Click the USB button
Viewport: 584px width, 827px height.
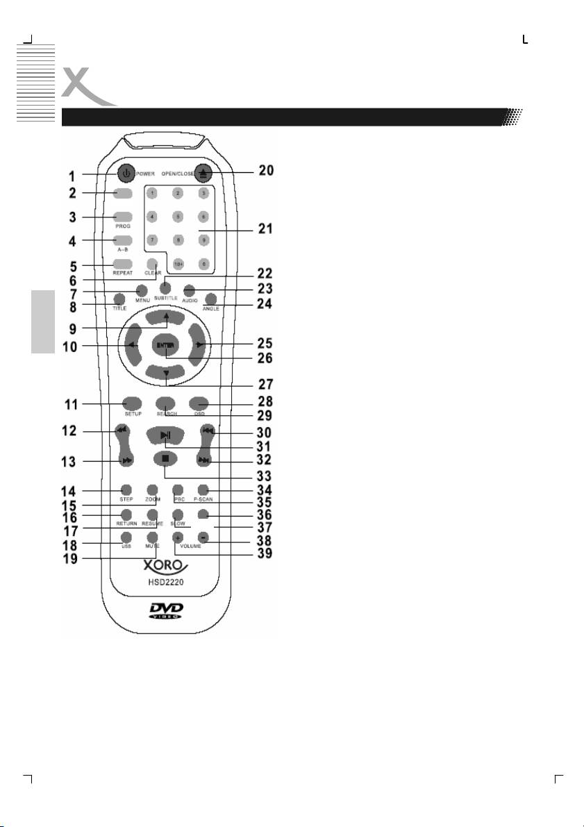126,537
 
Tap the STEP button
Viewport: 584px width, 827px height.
126,488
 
